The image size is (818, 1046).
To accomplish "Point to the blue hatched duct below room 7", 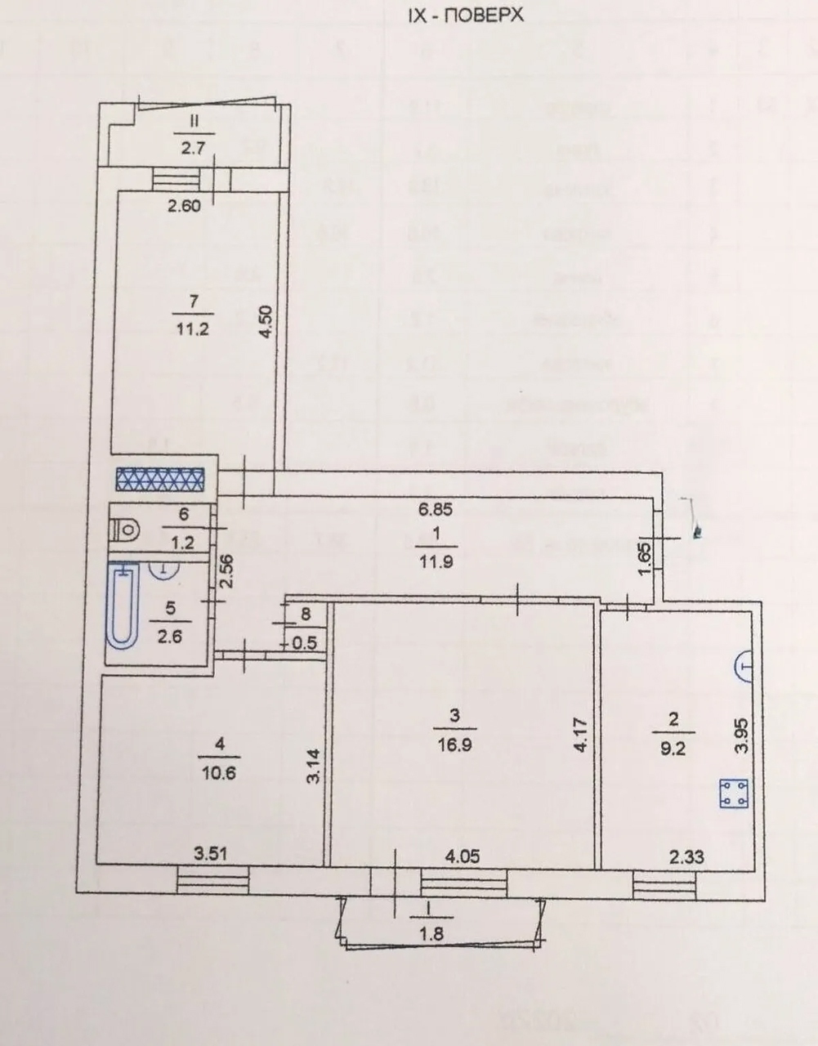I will pos(159,479).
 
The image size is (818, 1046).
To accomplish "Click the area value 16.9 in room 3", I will pos(454,745).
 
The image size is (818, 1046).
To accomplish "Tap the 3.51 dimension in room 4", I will pos(211,856).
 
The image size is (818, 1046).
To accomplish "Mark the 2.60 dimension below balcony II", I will pos(184,206).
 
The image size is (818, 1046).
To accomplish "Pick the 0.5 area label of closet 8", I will pos(304,643).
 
